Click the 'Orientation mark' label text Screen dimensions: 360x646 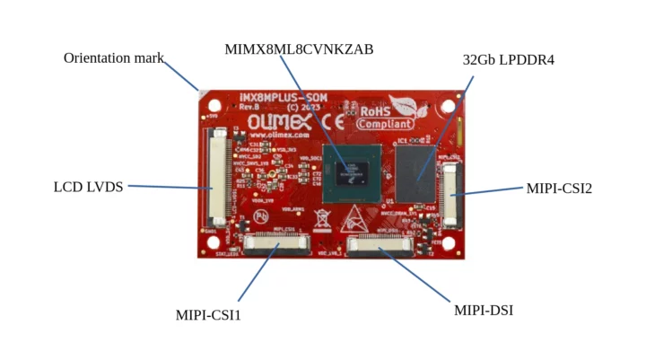114,58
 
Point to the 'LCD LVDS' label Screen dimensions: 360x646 88,187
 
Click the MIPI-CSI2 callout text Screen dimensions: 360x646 558,189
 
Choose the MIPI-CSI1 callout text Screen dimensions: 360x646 208,315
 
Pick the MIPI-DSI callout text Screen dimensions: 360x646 484,311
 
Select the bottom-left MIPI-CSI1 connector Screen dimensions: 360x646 275,241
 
